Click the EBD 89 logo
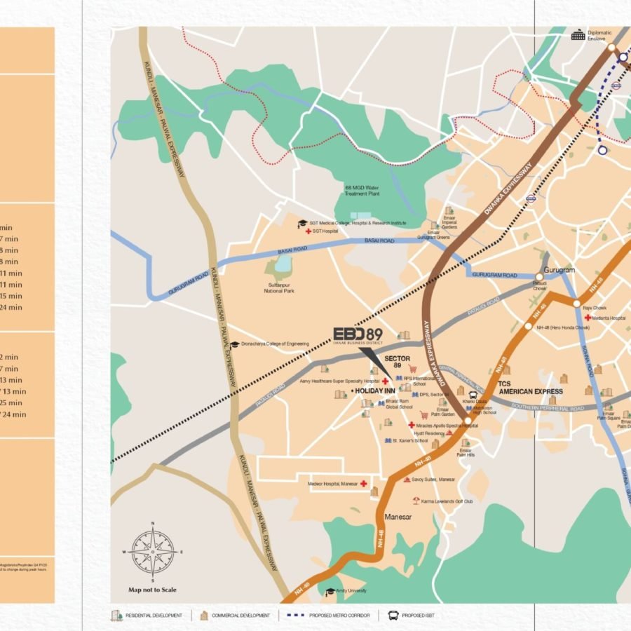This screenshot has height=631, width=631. point(358,337)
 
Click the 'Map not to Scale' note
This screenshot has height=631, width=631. point(153,590)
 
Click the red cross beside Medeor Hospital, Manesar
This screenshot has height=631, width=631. point(364,484)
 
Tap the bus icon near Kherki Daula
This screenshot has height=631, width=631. point(474,395)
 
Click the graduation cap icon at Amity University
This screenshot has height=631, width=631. point(330,591)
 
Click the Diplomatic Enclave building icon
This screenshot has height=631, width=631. point(578,35)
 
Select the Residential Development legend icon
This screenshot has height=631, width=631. point(116,615)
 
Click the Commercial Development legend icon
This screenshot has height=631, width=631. point(204,615)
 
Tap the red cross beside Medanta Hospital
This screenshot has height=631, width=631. point(588,318)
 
